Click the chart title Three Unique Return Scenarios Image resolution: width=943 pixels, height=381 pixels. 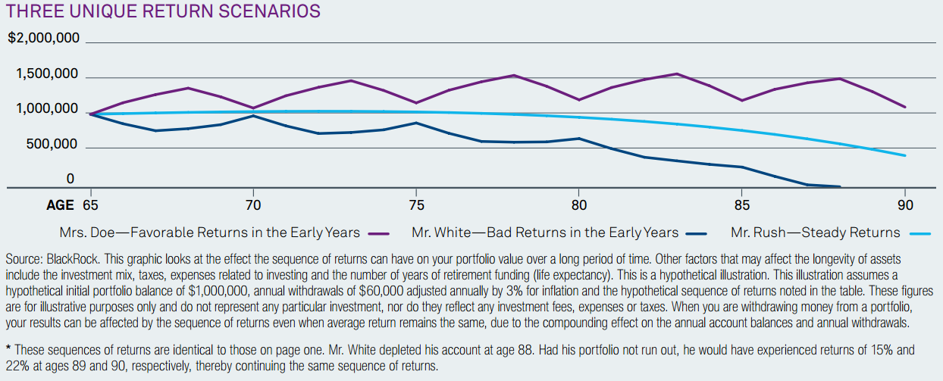163,11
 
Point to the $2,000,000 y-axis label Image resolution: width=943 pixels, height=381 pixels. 43,38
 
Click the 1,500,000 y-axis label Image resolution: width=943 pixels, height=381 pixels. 47,74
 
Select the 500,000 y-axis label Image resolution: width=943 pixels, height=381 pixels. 51,145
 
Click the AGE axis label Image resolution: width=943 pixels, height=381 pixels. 61,205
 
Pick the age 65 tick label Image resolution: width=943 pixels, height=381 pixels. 90,205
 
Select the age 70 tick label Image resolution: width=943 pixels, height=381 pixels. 253,205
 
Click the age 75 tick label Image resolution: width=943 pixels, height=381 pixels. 416,205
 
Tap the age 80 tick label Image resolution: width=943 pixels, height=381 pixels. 579,205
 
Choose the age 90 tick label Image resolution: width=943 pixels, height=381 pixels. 904,205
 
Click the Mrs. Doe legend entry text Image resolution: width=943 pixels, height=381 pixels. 209,233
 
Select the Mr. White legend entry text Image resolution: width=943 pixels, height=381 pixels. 545,233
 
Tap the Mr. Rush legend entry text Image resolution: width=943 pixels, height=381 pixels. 816,233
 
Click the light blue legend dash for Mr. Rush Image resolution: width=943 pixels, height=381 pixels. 920,234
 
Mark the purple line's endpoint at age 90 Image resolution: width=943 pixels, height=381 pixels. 904,107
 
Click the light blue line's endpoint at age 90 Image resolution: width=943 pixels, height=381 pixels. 904,156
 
